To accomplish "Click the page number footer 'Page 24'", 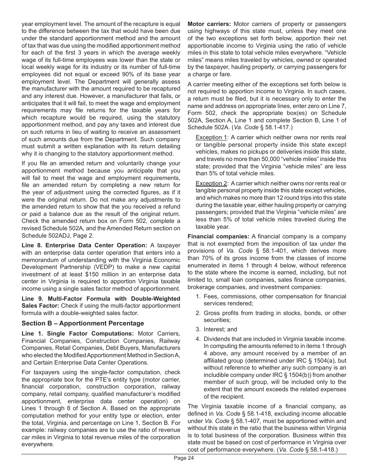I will tap(184, 458).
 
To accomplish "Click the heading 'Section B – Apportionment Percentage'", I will tap(83, 323).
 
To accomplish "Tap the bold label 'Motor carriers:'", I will tap(209, 24).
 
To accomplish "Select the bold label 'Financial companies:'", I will tap(218, 236).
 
